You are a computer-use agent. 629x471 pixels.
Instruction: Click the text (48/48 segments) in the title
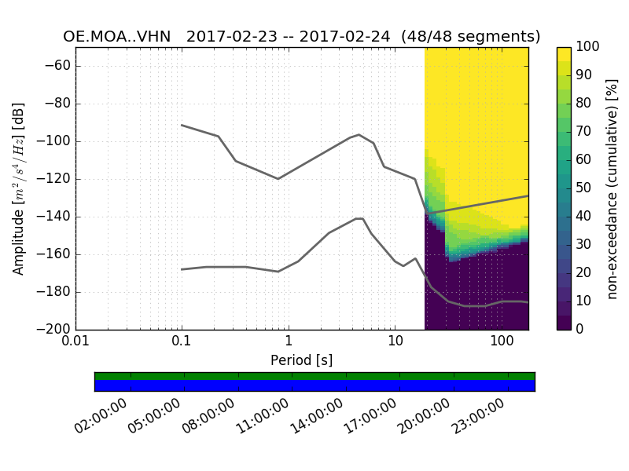pyautogui.click(x=470, y=37)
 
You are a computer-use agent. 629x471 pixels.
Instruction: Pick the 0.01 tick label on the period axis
pyautogui.click(x=75, y=343)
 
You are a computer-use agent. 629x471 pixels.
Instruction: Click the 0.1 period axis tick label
pyautogui.click(x=182, y=343)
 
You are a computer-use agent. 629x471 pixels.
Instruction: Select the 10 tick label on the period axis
pyautogui.click(x=395, y=343)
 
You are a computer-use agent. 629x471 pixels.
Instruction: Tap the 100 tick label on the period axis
pyautogui.click(x=501, y=343)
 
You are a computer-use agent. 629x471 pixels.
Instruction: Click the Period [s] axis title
pyautogui.click(x=301, y=360)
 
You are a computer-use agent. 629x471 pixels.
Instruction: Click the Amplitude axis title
pyautogui.click(x=19, y=188)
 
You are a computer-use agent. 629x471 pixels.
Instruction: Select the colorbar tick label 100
pyautogui.click(x=587, y=47)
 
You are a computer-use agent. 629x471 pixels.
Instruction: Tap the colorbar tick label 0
pyautogui.click(x=580, y=330)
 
